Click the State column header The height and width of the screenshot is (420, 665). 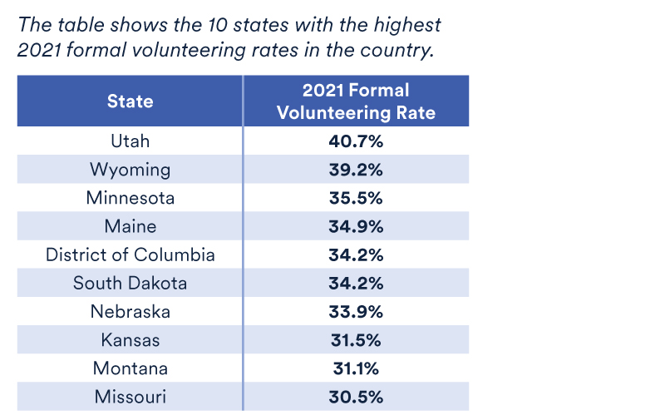click(x=130, y=101)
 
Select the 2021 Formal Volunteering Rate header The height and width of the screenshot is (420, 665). click(x=356, y=101)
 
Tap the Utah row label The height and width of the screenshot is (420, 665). click(x=130, y=141)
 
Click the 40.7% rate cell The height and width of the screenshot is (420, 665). click(x=356, y=141)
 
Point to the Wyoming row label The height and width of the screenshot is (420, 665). click(x=130, y=170)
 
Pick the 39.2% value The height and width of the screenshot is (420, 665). click(x=356, y=170)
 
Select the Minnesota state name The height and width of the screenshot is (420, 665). click(x=130, y=198)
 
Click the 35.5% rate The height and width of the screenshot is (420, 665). click(x=356, y=198)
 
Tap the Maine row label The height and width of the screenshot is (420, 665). click(x=130, y=226)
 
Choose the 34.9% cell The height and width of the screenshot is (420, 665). click(x=356, y=226)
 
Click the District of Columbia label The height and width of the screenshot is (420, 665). click(x=130, y=254)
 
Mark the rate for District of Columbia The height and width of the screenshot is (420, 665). click(x=356, y=254)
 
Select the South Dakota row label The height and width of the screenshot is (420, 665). click(x=130, y=283)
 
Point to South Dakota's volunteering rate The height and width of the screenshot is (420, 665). click(x=356, y=283)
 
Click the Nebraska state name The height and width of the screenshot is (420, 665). click(x=130, y=311)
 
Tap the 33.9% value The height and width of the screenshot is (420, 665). click(x=356, y=311)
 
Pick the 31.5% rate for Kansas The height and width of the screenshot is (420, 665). click(x=356, y=339)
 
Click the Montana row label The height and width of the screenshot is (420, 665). click(x=130, y=368)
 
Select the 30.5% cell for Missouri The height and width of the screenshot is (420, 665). click(x=356, y=396)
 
